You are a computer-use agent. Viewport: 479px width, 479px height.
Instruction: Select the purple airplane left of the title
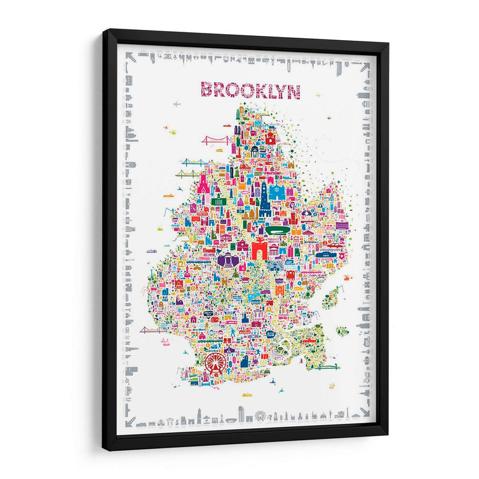pyautogui.click(x=176, y=104)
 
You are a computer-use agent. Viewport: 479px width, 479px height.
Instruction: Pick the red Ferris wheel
pyautogui.click(x=215, y=362)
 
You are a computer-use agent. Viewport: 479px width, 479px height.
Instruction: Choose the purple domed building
pyautogui.click(x=227, y=259)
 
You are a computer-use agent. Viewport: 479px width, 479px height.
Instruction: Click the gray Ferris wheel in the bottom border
pyautogui.click(x=260, y=414)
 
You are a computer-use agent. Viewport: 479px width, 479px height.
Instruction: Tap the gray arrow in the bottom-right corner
pyautogui.click(x=363, y=413)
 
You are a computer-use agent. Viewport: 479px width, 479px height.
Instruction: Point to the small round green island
pyautogui.click(x=341, y=331)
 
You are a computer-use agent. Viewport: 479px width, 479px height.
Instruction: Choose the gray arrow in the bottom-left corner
pyautogui.click(x=130, y=420)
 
